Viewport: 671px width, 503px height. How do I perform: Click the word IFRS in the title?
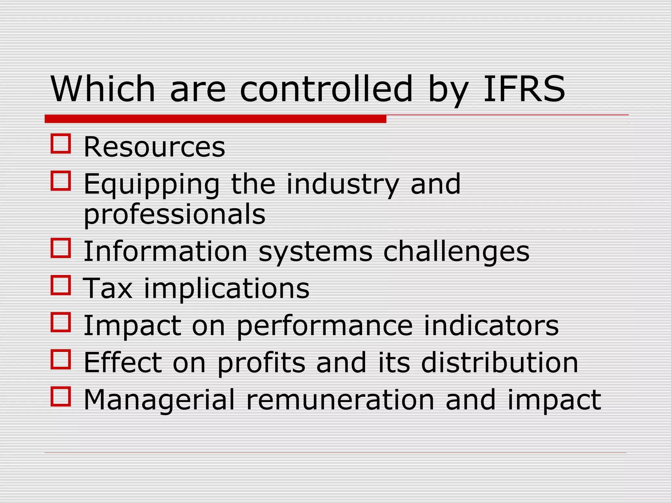524,89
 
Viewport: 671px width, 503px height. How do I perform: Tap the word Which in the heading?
103,89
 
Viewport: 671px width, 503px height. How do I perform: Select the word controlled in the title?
326,89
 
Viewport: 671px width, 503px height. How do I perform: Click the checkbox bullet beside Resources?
61,143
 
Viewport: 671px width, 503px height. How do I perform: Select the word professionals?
174,214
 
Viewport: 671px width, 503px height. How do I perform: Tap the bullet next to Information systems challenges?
61,248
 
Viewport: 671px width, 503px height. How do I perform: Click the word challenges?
456,252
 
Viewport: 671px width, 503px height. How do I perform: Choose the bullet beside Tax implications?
61,285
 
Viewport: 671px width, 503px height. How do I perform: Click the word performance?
324,326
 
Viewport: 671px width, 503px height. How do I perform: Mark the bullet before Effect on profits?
61,359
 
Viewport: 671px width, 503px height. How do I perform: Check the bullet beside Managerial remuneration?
61,397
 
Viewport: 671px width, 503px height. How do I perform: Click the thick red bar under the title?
215,119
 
